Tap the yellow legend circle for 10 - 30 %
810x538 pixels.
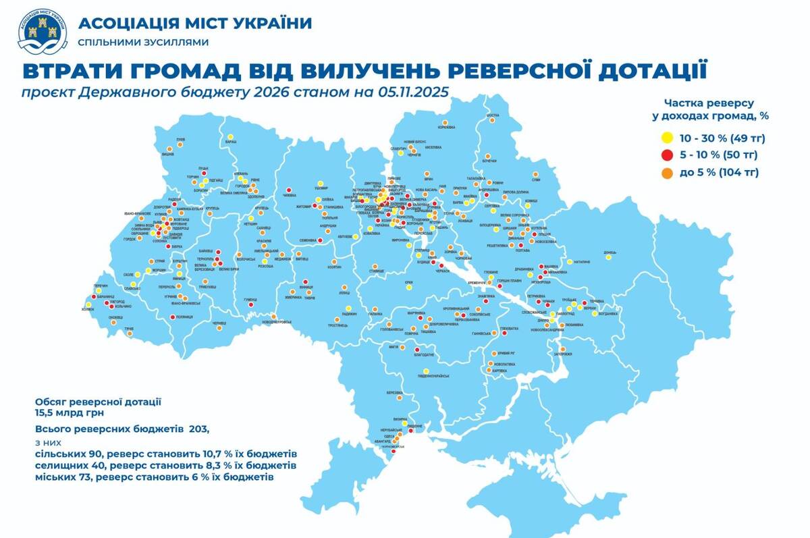click(666, 138)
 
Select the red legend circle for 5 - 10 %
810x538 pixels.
click(666, 155)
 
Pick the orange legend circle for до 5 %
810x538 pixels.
click(666, 173)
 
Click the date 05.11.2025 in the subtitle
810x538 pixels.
click(411, 92)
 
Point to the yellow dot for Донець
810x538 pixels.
click(609, 257)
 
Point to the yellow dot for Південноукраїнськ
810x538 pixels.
click(427, 371)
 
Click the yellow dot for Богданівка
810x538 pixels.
click(594, 313)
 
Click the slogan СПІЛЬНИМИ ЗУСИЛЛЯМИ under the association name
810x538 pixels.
click(143, 42)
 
